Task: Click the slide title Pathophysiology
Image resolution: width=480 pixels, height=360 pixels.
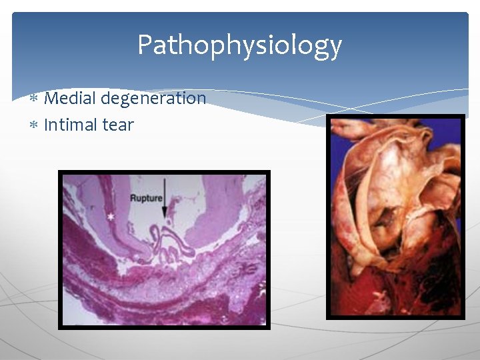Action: point(239,45)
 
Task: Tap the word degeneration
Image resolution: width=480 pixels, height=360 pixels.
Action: point(154,99)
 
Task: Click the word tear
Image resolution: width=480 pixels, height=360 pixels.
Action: point(118,125)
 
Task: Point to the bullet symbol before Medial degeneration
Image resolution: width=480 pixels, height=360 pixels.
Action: point(34,99)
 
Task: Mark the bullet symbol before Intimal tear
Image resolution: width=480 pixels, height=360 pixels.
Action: point(34,125)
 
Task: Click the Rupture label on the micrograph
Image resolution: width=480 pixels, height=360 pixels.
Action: point(145,198)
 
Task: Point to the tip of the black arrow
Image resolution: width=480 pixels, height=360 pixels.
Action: point(164,218)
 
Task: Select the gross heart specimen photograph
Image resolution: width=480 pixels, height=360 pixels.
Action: point(395,217)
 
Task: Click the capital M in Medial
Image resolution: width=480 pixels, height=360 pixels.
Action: point(51,99)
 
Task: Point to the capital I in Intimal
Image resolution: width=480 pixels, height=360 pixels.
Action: point(46,125)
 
